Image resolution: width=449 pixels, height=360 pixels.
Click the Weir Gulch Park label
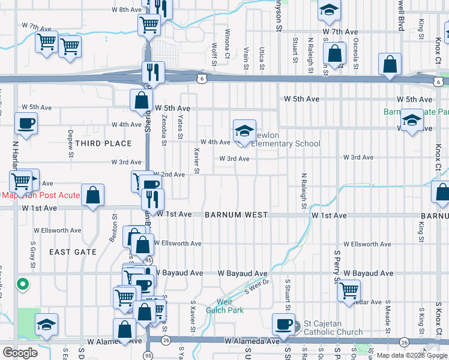[x=231, y=306]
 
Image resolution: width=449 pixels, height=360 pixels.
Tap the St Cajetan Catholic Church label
[x=333, y=328]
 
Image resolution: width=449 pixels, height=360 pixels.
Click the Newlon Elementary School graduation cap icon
[x=244, y=131]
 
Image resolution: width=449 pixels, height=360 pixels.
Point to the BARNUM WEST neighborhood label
[x=235, y=215]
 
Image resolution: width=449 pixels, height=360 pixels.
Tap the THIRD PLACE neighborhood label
[x=103, y=143]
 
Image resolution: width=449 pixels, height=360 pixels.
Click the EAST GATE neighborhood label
[x=73, y=252]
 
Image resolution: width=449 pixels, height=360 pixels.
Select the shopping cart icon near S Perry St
[x=349, y=290]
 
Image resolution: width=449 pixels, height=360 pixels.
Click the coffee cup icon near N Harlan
[x=26, y=124]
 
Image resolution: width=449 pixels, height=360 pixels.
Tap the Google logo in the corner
[x=20, y=353]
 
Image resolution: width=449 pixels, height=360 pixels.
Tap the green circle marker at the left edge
[x=23, y=284]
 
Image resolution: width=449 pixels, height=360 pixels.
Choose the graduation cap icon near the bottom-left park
[x=46, y=325]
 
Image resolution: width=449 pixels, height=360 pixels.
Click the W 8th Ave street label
[x=127, y=10]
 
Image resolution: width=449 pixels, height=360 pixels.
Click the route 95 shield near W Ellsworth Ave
[x=148, y=260]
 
